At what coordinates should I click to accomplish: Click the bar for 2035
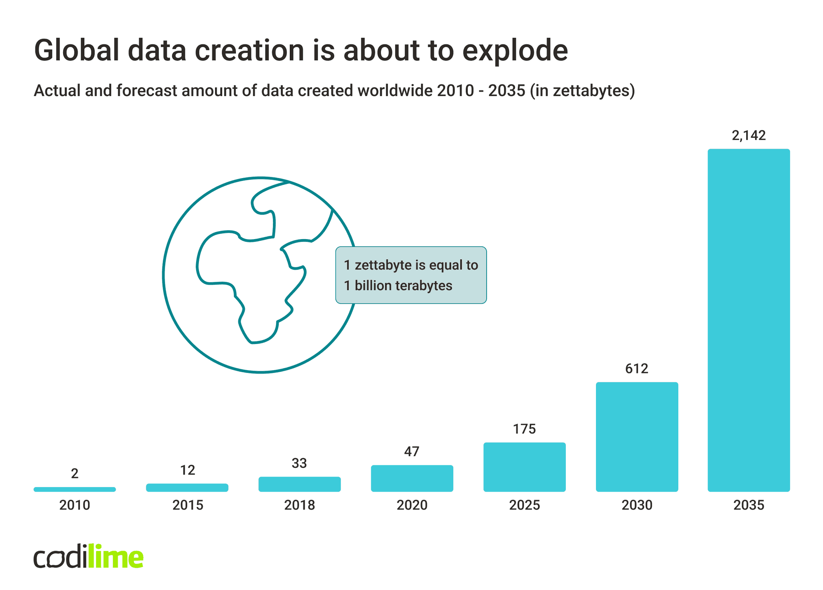(x=748, y=320)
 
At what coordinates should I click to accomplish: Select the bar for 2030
(x=637, y=436)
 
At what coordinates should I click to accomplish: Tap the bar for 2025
(x=524, y=467)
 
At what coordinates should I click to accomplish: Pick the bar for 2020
(x=412, y=478)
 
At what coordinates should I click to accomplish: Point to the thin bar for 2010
(x=75, y=489)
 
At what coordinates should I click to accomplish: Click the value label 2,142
(x=749, y=135)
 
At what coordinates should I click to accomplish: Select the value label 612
(x=637, y=368)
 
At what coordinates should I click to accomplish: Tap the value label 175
(x=524, y=429)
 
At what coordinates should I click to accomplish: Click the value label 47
(x=411, y=451)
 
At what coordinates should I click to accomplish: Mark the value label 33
(x=299, y=463)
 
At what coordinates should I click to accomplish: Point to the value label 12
(x=187, y=470)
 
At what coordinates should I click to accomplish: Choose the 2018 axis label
(x=299, y=505)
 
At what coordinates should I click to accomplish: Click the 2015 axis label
(x=188, y=505)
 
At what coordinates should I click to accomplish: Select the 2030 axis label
(x=637, y=505)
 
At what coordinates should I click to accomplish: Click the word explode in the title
(x=515, y=51)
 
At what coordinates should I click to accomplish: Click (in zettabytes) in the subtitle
(x=582, y=90)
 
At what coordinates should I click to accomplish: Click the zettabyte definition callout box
(x=411, y=275)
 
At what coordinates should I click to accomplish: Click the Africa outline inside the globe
(x=249, y=281)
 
